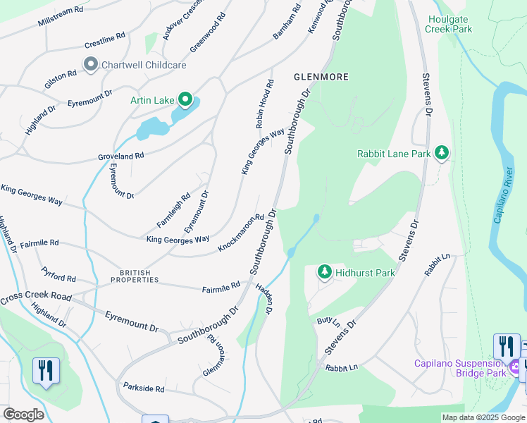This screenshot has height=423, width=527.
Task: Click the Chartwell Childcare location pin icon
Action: [91, 65]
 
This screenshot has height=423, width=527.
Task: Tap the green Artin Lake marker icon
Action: [185, 100]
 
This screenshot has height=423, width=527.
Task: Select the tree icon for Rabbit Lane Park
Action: [442, 153]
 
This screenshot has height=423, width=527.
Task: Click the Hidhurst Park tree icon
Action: [324, 272]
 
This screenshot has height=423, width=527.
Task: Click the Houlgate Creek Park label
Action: [449, 25]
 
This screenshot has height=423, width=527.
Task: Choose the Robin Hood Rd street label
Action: [264, 104]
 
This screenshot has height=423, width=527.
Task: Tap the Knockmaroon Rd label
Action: [240, 233]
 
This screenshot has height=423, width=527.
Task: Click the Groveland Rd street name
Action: [121, 155]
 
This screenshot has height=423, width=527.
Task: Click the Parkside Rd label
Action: [143, 388]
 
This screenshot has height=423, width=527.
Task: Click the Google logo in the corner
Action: [23, 415]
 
